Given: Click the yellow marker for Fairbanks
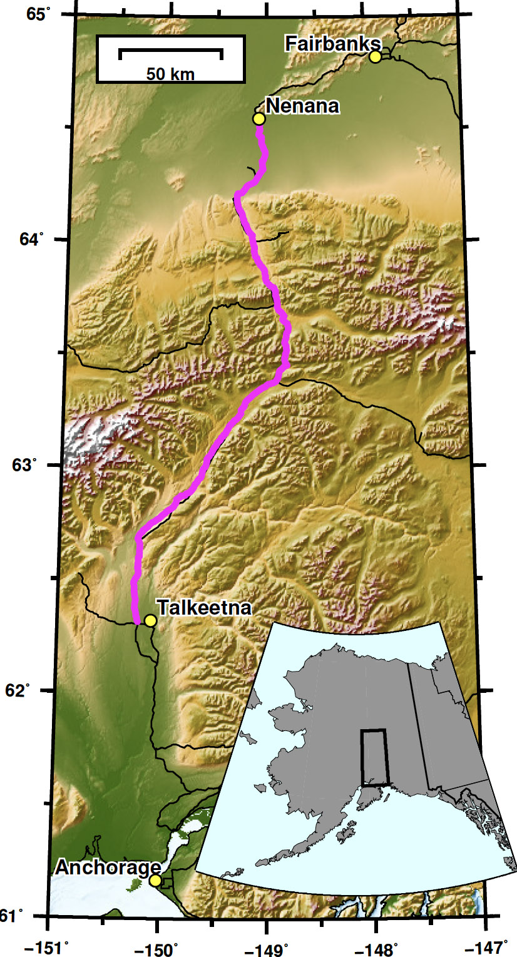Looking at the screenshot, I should (x=375, y=57).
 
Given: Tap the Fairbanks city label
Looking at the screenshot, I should (x=332, y=43).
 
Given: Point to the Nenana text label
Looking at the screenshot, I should (x=302, y=106).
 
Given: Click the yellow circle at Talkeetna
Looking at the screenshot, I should (x=150, y=620).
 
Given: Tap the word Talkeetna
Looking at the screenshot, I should (x=204, y=608).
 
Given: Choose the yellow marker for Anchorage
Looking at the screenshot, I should (x=155, y=881).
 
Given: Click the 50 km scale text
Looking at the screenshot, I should (x=170, y=74).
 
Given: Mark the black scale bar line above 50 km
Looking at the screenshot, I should (x=170, y=50).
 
